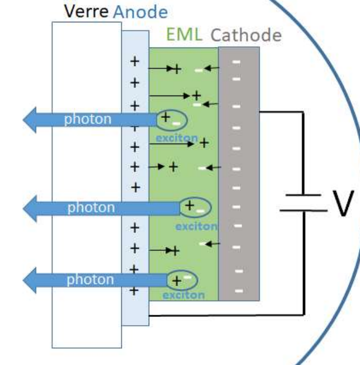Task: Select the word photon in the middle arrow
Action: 91,207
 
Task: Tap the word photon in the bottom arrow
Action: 89,279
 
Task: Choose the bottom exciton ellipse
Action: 182,279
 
